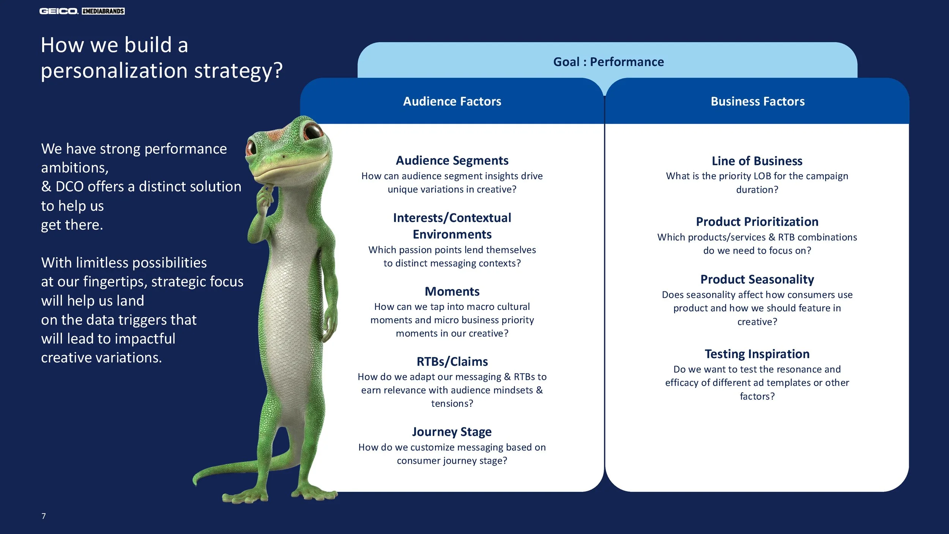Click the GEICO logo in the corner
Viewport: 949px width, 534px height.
click(x=59, y=11)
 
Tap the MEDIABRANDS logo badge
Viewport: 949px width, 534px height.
click(x=103, y=11)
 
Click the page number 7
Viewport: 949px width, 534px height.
click(x=44, y=516)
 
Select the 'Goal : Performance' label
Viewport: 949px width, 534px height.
click(x=608, y=62)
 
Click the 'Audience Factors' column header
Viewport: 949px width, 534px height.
click(x=452, y=101)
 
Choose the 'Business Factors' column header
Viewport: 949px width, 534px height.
click(x=757, y=101)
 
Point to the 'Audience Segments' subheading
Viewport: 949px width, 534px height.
click(x=452, y=161)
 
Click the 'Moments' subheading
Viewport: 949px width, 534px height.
click(x=452, y=291)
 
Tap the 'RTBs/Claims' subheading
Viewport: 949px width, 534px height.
click(x=452, y=362)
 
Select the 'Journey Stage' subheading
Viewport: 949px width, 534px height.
click(x=452, y=432)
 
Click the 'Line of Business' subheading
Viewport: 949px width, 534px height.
click(x=757, y=161)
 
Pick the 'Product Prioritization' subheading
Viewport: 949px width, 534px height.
click(x=757, y=222)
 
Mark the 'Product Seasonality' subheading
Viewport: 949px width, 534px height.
click(x=757, y=280)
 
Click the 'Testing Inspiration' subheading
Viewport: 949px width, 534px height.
click(x=757, y=354)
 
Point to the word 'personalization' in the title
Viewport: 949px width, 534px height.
click(x=114, y=71)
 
